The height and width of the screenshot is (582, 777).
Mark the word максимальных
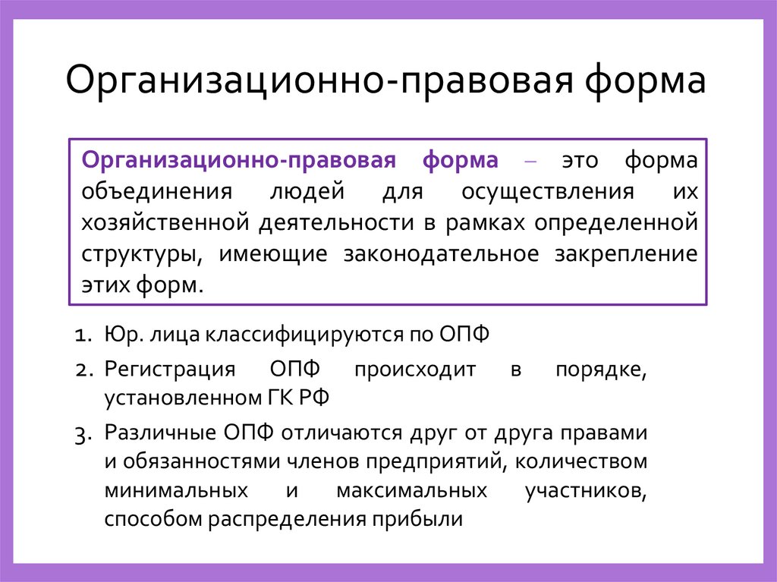[411, 490]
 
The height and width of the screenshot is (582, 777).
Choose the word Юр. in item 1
[120, 335]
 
